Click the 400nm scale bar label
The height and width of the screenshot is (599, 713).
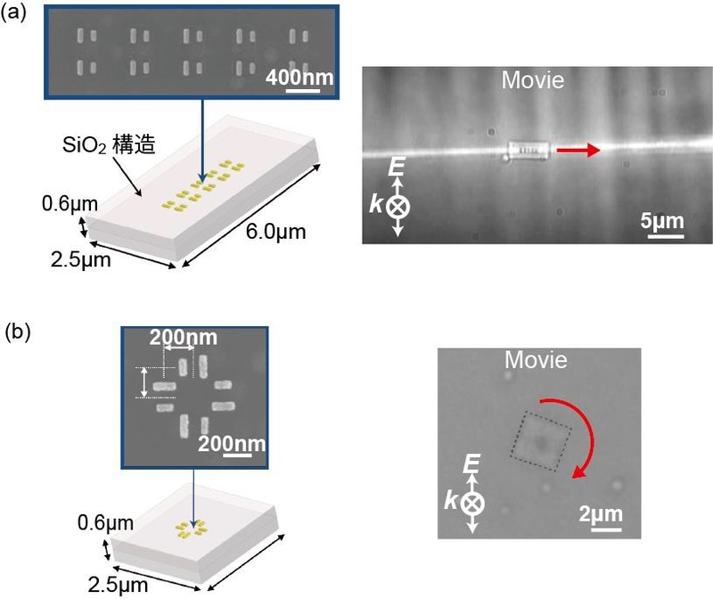(x=299, y=78)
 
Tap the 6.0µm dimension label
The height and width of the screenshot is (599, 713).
(x=276, y=232)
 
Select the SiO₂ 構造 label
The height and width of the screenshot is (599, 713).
(x=109, y=144)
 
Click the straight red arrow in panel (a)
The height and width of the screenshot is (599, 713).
(x=578, y=150)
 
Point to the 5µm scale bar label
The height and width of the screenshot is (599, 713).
(x=662, y=221)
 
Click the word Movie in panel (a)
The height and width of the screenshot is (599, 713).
(x=533, y=80)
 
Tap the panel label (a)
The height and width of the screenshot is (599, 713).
(x=13, y=12)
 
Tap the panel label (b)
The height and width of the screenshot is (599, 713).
(x=17, y=332)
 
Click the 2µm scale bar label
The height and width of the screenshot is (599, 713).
(x=601, y=514)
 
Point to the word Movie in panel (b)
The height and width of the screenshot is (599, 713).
(x=537, y=360)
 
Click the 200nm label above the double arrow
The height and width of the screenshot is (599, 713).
(x=184, y=338)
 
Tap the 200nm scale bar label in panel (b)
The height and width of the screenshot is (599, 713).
(x=232, y=443)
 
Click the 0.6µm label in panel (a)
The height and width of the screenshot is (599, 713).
(x=70, y=204)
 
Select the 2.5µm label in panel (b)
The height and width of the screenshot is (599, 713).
(x=118, y=585)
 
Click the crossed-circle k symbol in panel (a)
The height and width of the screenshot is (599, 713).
(x=397, y=207)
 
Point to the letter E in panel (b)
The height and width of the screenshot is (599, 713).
(x=471, y=464)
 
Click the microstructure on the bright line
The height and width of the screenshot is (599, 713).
(x=529, y=151)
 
